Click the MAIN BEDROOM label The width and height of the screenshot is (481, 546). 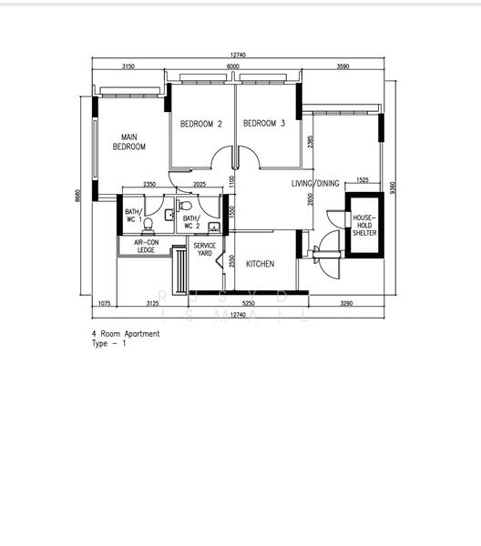click(128, 141)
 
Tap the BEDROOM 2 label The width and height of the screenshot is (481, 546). click(200, 124)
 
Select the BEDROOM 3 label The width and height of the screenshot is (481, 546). click(264, 124)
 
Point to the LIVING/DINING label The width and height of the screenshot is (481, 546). click(314, 184)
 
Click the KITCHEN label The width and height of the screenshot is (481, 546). click(260, 264)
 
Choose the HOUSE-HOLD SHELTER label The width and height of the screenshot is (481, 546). click(363, 225)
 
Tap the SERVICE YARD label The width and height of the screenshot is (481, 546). click(205, 248)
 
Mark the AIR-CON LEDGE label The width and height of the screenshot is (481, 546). click(146, 246)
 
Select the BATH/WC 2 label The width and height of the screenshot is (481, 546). click(191, 222)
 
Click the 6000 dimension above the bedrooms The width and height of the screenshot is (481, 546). click(233, 66)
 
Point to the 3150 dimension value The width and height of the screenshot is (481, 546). click(128, 66)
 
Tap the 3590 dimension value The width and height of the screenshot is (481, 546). click(343, 66)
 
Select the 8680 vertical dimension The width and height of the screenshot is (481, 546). click(79, 196)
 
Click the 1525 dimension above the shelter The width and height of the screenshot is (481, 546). click(363, 180)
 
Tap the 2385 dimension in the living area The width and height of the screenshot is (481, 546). click(311, 141)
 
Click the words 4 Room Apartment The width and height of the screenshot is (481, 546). click(126, 334)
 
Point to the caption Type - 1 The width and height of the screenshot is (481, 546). click(109, 344)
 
